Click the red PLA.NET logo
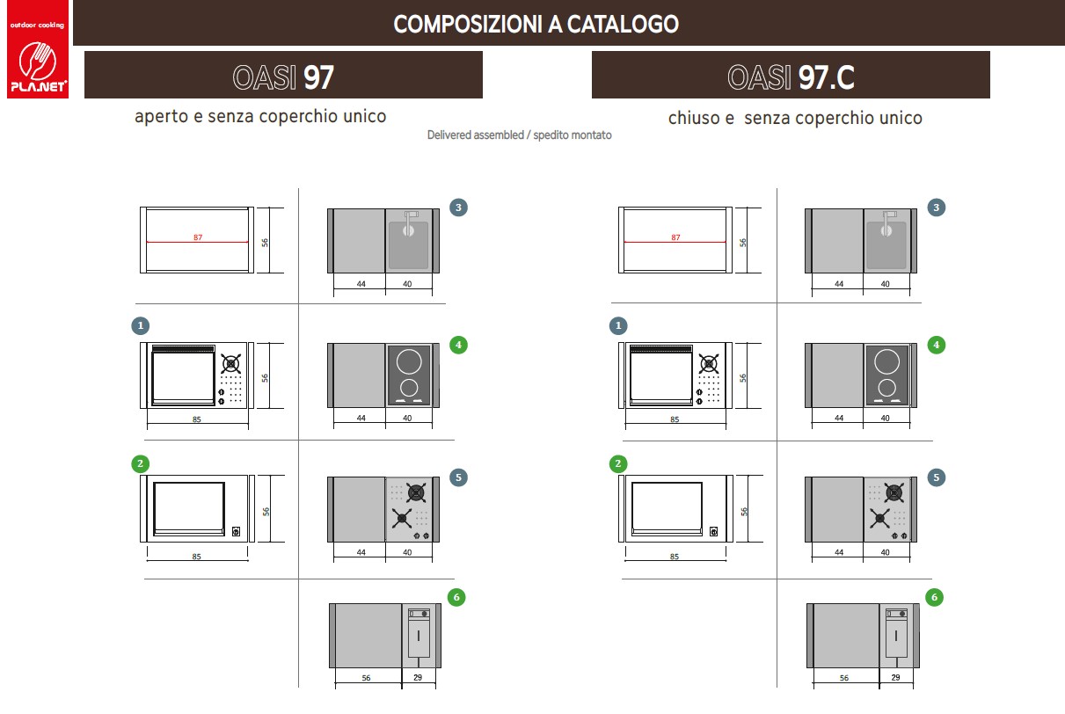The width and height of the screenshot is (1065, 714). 38,49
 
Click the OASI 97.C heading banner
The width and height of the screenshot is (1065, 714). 791,75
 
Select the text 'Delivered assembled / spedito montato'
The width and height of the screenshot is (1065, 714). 519,135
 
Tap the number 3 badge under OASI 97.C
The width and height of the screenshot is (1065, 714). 936,208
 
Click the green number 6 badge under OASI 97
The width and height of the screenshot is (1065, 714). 456,597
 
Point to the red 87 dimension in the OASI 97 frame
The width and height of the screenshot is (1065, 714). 198,237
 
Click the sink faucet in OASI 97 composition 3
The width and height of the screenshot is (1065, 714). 409,222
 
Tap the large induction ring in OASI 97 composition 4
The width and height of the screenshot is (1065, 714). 409,361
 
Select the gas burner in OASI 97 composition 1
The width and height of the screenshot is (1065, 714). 231,364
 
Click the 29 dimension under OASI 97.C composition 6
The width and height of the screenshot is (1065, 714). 895,677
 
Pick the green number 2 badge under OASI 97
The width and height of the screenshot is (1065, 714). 140,463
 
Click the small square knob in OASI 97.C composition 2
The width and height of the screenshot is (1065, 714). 713,531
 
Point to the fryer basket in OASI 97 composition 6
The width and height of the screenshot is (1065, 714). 419,633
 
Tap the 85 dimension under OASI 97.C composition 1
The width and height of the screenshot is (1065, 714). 675,419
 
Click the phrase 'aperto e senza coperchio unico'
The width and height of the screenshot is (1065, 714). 260,116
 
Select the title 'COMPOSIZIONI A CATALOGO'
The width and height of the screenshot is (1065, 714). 536,25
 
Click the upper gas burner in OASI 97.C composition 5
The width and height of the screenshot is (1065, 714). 894,493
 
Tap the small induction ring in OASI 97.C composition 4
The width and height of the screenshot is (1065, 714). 886,388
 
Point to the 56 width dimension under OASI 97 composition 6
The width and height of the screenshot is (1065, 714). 366,678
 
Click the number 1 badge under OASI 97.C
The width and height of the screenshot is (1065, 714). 618,325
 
